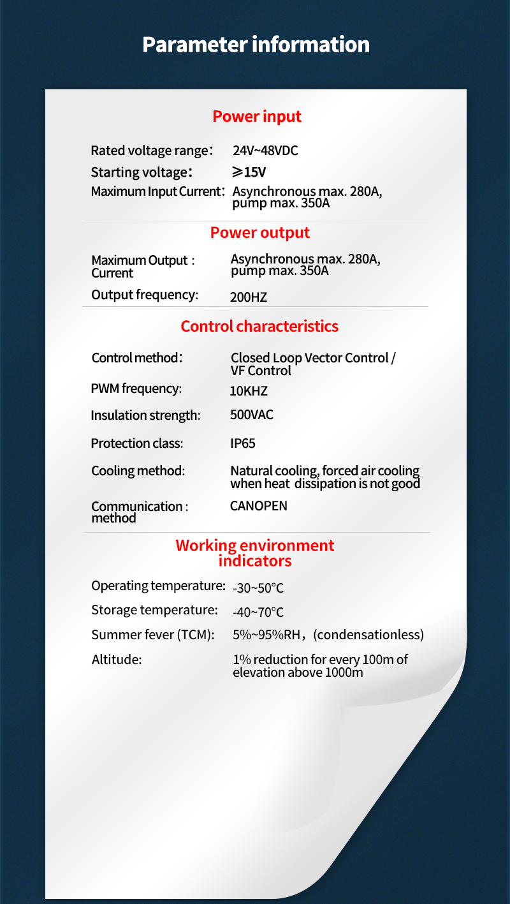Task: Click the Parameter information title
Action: [x=256, y=45]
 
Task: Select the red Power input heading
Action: [x=257, y=117]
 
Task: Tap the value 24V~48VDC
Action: [x=265, y=151]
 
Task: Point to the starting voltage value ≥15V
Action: [x=249, y=172]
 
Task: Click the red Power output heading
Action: [x=260, y=233]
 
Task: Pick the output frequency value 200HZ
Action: [x=249, y=297]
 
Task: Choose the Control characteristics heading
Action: [x=259, y=327]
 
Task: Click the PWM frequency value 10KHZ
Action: [x=249, y=390]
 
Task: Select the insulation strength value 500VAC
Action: [x=251, y=415]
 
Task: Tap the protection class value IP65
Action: [x=243, y=443]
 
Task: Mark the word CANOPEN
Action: [x=258, y=507]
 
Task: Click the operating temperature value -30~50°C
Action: [x=258, y=588]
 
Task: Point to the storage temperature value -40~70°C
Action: [x=258, y=612]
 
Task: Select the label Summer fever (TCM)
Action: [x=153, y=635]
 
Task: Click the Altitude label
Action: [x=117, y=660]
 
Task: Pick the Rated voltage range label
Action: [x=151, y=151]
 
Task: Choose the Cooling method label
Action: [x=138, y=471]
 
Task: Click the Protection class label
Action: [x=137, y=443]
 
